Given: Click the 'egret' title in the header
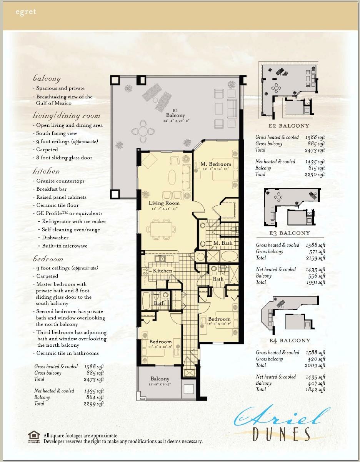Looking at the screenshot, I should pyautogui.click(x=26, y=12).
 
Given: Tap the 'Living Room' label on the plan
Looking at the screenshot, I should pyautogui.click(x=165, y=203).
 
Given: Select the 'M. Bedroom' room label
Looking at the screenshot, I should pyautogui.click(x=216, y=164).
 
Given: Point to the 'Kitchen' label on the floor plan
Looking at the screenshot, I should pyautogui.click(x=162, y=271).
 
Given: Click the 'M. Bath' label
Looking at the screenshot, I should pyautogui.click(x=223, y=243).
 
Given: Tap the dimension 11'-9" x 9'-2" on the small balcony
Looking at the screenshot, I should pyautogui.click(x=160, y=384).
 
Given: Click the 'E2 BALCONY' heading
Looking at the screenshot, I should pyautogui.click(x=289, y=126).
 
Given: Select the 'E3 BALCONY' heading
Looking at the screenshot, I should pyautogui.click(x=290, y=233).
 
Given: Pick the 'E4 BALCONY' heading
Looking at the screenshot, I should pyautogui.click(x=290, y=340).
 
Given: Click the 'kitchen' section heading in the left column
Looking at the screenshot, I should pyautogui.click(x=46, y=171).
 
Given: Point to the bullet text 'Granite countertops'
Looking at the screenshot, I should pyautogui.click(x=60, y=181).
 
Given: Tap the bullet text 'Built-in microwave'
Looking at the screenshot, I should pyautogui.click(x=65, y=246).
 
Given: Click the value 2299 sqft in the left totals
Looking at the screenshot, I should pyautogui.click(x=94, y=404).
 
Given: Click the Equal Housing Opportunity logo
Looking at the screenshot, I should pyautogui.click(x=34, y=437).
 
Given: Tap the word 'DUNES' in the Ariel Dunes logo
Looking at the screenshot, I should pyautogui.click(x=282, y=434).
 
